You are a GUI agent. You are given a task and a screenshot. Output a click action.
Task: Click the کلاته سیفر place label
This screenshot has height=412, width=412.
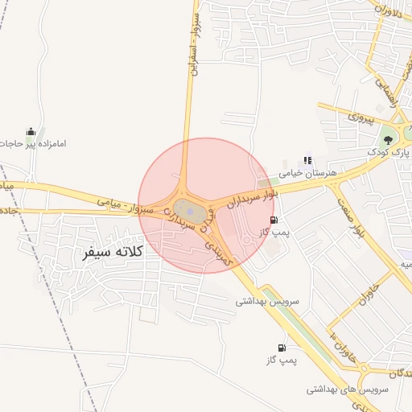[x=112, y=252]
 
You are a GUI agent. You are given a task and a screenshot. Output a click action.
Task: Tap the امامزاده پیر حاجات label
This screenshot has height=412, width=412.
[x=33, y=145]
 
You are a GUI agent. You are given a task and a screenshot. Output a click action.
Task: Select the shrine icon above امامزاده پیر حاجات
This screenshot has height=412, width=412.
[x=31, y=131]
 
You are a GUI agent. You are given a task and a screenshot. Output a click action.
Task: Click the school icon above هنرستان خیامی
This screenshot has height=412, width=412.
[x=307, y=161]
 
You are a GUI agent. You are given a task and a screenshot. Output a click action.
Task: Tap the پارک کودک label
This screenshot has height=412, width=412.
[x=389, y=150]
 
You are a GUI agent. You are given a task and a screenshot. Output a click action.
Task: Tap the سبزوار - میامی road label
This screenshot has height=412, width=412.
[x=124, y=207]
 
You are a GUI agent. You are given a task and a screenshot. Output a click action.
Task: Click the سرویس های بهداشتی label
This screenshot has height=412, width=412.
[x=348, y=389]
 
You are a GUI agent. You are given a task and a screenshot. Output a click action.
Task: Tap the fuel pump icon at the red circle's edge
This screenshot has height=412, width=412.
[x=275, y=220]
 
